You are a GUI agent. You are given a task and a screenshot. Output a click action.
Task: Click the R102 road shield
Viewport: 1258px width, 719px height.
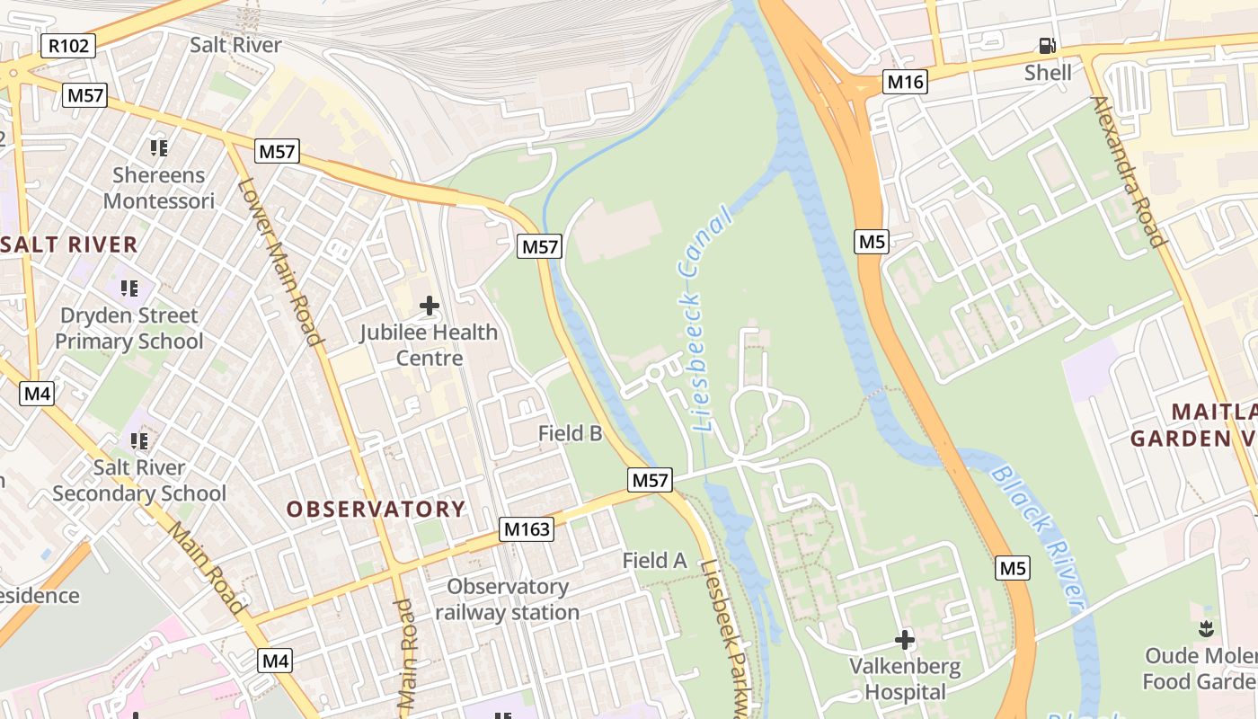coord(68,46)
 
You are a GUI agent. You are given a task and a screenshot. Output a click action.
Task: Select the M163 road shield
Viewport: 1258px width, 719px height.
coord(527,529)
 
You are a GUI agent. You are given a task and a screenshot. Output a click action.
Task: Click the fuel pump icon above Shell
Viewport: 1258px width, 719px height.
coord(1048,46)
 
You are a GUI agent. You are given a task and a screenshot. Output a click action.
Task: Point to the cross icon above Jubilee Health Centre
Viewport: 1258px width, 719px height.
coord(430,306)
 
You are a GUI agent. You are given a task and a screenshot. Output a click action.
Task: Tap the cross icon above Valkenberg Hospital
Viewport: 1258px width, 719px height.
coord(904,640)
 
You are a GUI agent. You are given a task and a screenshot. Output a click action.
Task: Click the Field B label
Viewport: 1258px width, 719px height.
coord(570,433)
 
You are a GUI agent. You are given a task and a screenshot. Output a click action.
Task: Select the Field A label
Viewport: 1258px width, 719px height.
coord(654,561)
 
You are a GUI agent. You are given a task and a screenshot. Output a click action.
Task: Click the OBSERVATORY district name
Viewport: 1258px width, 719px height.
coord(376,510)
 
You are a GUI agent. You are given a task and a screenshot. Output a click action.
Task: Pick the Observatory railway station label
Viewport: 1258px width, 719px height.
coord(508,599)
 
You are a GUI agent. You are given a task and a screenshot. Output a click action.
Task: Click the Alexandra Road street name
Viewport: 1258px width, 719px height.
coord(1130,171)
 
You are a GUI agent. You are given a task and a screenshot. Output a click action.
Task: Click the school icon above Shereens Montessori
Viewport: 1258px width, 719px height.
coord(159,147)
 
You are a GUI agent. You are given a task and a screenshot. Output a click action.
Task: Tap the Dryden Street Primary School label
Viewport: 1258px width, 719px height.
coord(129,328)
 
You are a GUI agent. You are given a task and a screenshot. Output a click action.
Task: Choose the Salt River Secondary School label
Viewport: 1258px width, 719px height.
coord(139,480)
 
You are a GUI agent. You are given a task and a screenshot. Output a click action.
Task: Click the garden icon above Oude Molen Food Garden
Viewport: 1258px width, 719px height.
coord(1206,628)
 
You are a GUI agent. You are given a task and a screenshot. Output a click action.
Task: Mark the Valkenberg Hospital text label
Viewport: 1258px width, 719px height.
coord(905,679)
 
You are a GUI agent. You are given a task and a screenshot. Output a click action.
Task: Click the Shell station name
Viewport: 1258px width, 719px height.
coord(1048,72)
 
